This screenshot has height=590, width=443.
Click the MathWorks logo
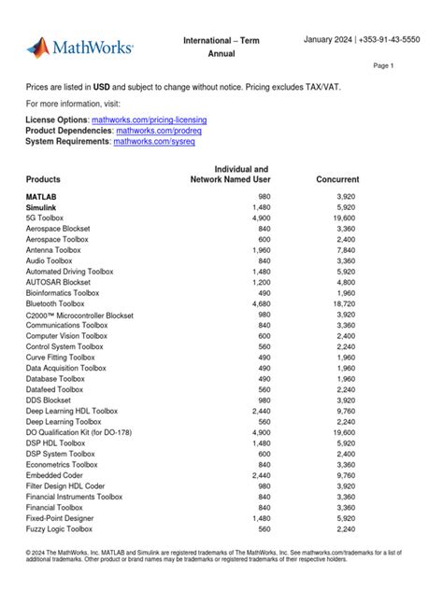pos(79,47)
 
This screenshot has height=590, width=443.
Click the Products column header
pos(43,179)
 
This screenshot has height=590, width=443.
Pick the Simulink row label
pos(42,207)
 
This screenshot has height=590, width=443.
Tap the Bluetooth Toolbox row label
pos(55,303)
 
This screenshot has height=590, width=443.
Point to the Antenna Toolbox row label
pos(53,250)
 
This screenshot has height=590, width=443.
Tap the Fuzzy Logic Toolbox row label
pos(62,528)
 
